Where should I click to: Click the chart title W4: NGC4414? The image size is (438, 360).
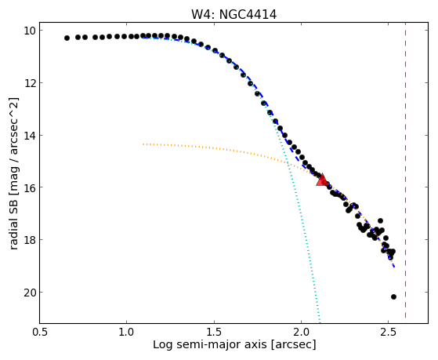point(233,14)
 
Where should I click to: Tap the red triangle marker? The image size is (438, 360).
point(322,180)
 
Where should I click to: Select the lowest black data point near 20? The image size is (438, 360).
point(393,296)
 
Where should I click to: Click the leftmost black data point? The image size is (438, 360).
point(67,38)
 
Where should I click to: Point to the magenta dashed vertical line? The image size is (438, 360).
point(405,173)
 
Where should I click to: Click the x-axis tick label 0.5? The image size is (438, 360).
point(39,332)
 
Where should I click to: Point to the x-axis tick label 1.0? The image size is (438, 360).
point(126,332)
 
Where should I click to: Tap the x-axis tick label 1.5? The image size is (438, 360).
point(214,332)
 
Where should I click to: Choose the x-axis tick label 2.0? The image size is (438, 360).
point(301,332)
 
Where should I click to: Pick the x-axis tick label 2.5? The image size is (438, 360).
point(389,332)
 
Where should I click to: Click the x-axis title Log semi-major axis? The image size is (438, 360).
point(210,344)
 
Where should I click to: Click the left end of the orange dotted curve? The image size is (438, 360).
point(143,144)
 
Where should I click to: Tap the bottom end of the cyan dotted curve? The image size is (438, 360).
point(319,322)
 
